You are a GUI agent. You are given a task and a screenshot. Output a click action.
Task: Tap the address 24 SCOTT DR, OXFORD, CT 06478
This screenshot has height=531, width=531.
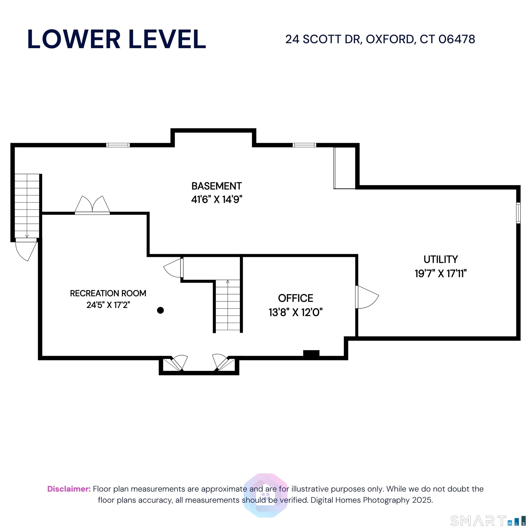[x=380, y=39]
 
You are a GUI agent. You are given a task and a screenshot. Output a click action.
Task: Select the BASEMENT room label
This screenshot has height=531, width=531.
[x=217, y=186]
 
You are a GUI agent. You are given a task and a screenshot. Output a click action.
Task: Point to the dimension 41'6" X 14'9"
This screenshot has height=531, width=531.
[x=217, y=199]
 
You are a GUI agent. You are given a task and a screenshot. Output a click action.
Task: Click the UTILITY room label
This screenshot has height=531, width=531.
[x=441, y=259]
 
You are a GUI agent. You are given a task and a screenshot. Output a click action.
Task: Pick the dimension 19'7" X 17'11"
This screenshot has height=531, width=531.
[x=441, y=274]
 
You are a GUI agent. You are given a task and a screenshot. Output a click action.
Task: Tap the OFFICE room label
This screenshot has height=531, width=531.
[x=295, y=298]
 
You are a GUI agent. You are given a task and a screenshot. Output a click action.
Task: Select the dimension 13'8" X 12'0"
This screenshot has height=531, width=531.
[x=295, y=312]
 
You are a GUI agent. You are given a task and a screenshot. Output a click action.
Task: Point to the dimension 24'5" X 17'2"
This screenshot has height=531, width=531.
[x=108, y=305]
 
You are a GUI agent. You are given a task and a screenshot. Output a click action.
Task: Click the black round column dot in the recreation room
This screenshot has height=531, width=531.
[x=160, y=310]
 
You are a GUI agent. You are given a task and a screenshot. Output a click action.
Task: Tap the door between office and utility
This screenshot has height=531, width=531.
[x=366, y=297]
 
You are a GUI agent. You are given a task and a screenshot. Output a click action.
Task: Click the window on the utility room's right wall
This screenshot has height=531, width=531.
[x=518, y=213]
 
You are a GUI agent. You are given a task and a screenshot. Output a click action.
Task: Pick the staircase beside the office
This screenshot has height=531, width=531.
[x=227, y=305]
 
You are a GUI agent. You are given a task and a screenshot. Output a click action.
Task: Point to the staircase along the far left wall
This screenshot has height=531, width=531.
[x=27, y=206]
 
